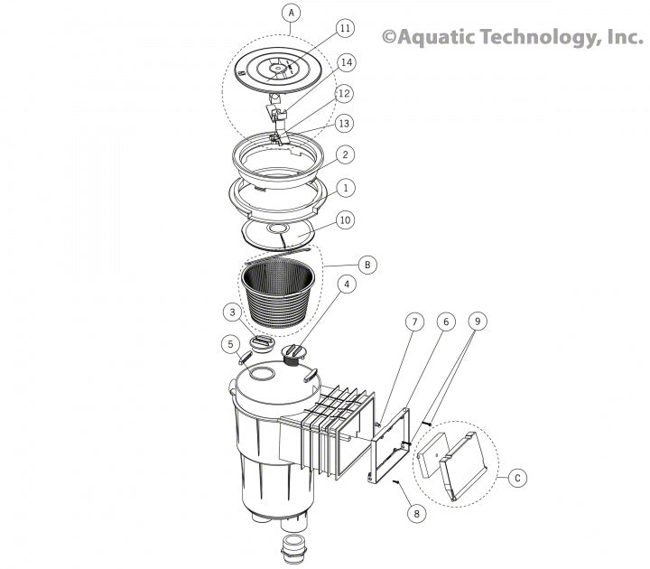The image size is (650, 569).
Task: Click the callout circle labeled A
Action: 290,13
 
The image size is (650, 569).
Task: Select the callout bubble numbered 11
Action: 344,28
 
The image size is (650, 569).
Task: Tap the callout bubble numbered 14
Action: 346,62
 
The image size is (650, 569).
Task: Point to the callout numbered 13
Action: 345,123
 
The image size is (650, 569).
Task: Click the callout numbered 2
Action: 345,155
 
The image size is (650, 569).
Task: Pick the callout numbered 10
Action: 345,220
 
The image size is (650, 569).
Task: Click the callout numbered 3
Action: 233,312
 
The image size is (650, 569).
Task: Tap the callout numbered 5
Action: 231,343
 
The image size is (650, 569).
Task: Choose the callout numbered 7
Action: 413,322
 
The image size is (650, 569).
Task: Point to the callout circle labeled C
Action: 515,478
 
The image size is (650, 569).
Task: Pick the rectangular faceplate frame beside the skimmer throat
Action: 389,446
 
